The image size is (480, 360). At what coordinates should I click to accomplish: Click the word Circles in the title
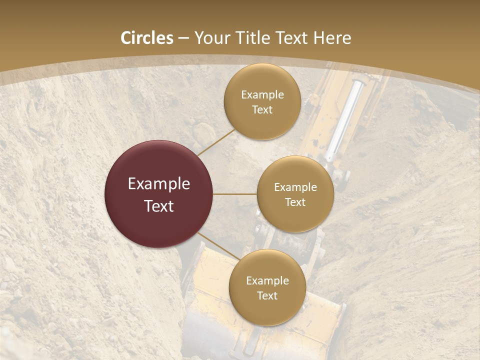click(x=147, y=38)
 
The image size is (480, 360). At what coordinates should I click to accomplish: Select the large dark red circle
click(x=158, y=194)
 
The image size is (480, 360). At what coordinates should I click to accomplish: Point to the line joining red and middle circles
click(x=235, y=194)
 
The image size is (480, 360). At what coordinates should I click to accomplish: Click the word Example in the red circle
click(x=159, y=184)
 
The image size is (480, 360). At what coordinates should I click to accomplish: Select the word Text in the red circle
click(x=159, y=206)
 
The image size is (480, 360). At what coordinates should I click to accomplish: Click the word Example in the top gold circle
click(x=262, y=95)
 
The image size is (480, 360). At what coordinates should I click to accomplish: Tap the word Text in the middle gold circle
click(x=295, y=202)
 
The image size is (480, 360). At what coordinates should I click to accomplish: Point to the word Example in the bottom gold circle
click(x=267, y=281)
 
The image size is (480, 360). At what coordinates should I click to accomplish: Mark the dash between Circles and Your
click(x=183, y=38)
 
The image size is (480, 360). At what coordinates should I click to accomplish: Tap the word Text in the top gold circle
click(x=262, y=110)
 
